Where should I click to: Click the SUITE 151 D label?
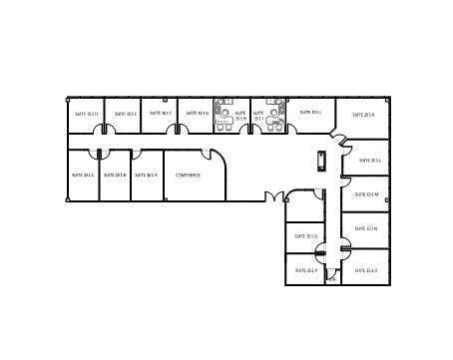[x=86, y=115]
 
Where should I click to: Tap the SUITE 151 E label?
[x=126, y=115]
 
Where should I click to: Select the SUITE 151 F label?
[x=161, y=114]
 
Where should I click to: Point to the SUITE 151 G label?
[x=197, y=114]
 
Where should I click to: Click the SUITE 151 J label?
[x=310, y=113]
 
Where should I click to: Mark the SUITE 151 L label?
[x=369, y=161]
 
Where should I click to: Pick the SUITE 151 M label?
[x=365, y=194]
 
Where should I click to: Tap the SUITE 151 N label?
[x=365, y=229]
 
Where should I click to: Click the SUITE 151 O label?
[x=365, y=270]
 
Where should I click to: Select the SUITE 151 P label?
[x=305, y=270]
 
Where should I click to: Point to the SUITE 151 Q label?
[x=305, y=236]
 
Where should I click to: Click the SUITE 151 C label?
[x=83, y=176]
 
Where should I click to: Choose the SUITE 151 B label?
[x=115, y=176]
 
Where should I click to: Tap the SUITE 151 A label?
[x=147, y=176]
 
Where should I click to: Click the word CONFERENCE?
[x=189, y=176]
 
